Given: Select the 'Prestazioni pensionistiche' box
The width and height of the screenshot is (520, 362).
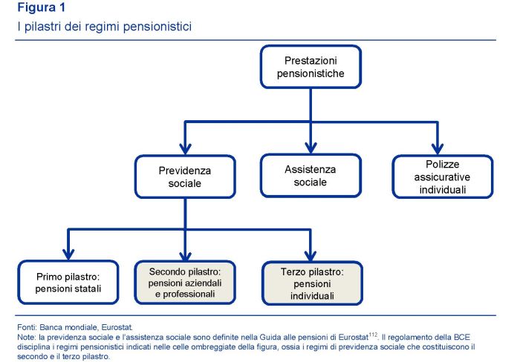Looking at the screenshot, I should click(310, 67).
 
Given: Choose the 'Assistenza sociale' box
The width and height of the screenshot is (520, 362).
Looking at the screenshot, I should click(310, 175).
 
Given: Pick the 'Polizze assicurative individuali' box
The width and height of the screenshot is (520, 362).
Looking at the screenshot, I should click(443, 176).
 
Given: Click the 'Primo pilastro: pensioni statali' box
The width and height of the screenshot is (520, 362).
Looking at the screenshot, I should click(67, 283).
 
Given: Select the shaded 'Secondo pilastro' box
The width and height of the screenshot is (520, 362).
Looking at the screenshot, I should click(185, 283).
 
